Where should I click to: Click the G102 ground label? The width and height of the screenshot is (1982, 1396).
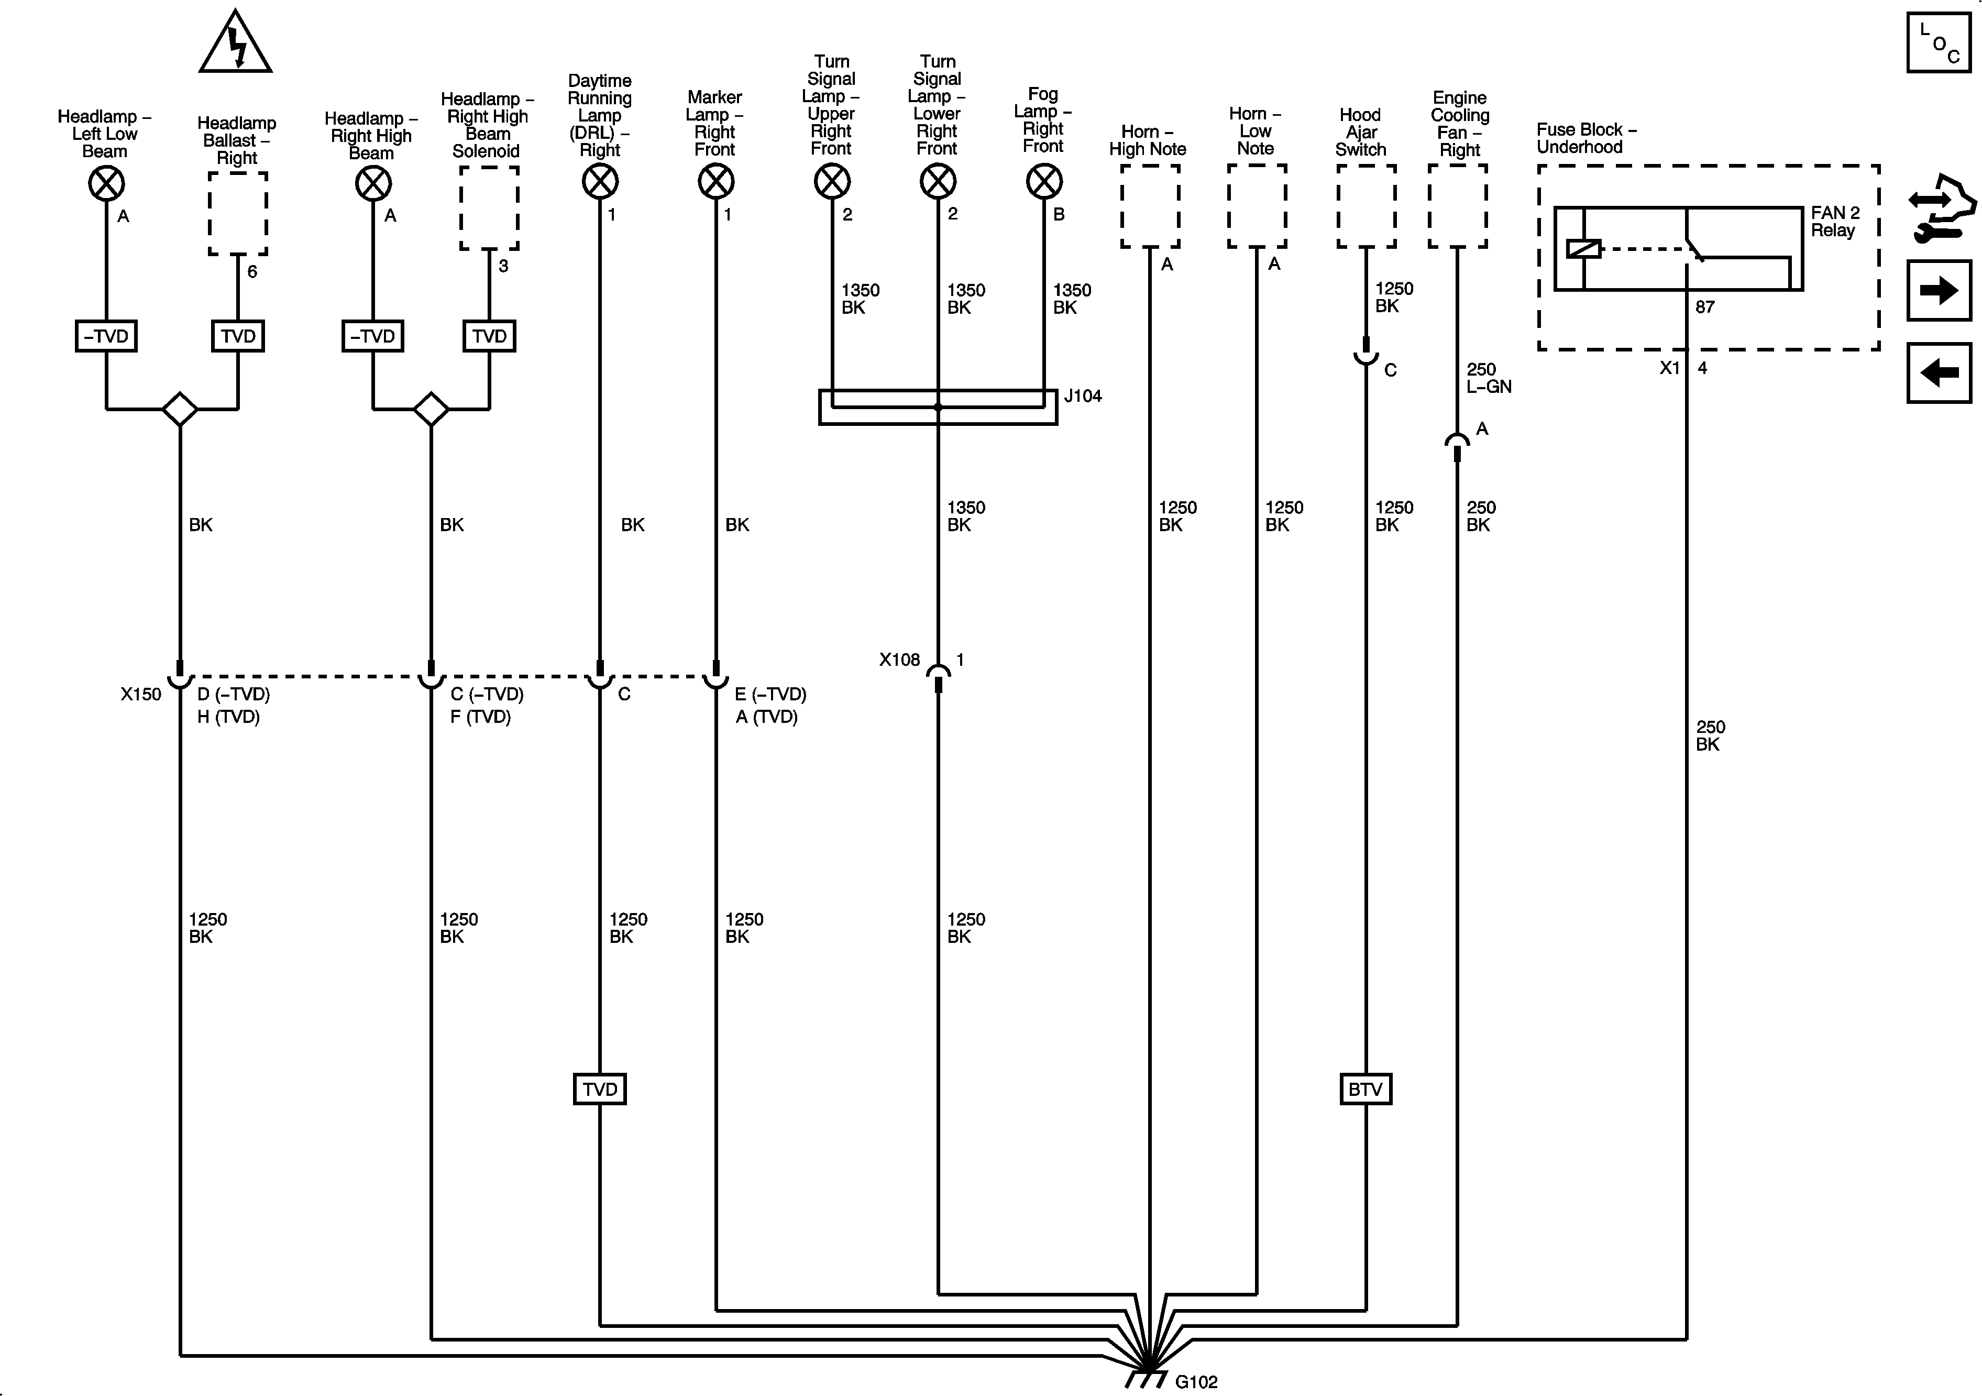[1196, 1381]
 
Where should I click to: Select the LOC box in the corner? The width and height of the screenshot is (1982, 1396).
[1938, 42]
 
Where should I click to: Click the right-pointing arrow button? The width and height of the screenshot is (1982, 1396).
[1938, 291]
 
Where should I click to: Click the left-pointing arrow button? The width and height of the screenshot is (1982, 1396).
[1938, 373]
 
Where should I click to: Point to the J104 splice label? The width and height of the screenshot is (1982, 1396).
[1083, 396]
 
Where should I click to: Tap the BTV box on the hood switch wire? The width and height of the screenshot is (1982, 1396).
[1365, 1090]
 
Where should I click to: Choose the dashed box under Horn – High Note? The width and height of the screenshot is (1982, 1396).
[1150, 206]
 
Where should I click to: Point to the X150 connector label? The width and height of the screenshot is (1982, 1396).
[141, 694]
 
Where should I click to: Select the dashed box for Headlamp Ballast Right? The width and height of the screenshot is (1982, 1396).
[238, 213]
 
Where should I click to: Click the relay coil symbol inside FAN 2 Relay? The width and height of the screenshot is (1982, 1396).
[1583, 249]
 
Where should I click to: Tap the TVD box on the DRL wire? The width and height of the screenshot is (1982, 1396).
[600, 1090]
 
